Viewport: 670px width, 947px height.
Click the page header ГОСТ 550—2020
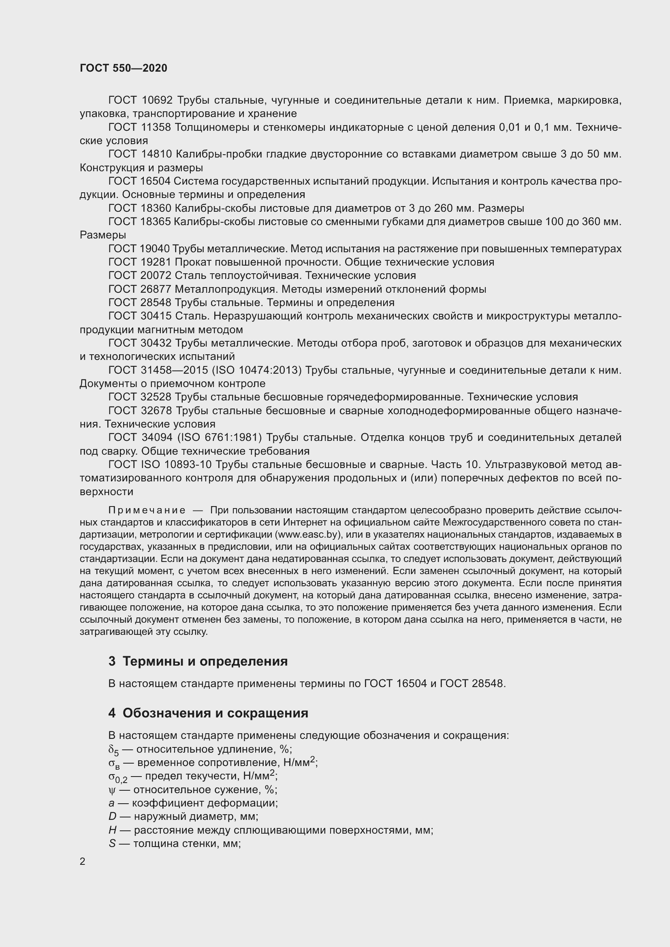(124, 68)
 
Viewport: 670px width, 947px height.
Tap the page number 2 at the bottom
(83, 862)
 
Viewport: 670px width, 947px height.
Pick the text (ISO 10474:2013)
(256, 370)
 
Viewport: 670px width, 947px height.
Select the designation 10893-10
(188, 465)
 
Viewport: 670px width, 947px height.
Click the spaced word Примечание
(147, 511)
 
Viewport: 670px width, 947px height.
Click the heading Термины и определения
(205, 662)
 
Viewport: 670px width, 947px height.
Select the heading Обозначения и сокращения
(215, 713)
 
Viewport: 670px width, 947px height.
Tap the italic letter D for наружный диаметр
(112, 816)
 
